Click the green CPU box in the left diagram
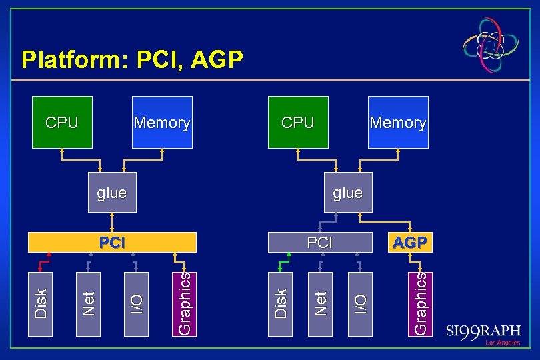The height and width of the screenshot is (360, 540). [61, 122]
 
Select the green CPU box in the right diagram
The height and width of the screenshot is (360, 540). [298, 122]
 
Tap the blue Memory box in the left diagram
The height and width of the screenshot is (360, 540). [162, 122]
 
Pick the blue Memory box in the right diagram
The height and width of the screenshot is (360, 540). [398, 122]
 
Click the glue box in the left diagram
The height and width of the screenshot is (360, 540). [112, 193]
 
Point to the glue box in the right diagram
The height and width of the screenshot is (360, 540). [347, 193]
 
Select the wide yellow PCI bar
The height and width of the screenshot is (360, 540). [112, 242]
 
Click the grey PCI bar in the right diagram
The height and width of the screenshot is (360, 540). [319, 242]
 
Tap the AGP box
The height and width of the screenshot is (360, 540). [410, 242]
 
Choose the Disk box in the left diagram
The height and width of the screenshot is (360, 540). [41, 303]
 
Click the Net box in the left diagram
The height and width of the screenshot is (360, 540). [89, 303]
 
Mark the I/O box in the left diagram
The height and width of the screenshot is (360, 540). [137, 303]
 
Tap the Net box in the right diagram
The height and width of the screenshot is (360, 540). [321, 303]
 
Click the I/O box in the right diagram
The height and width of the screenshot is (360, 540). [360, 303]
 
